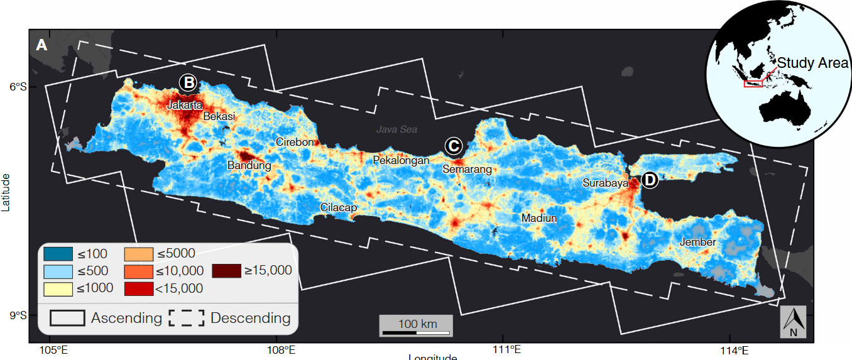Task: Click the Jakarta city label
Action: [185, 106]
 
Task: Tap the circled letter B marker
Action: [188, 82]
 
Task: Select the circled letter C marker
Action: [453, 146]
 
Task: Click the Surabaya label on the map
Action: [605, 183]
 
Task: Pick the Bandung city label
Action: [249, 166]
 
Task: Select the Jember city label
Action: [697, 243]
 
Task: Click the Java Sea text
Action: [396, 129]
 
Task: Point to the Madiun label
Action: [539, 218]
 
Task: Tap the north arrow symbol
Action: [794, 322]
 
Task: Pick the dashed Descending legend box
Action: [186, 318]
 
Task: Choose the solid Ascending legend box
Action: [67, 318]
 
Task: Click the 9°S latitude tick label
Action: [16, 315]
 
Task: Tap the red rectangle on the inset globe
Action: [753, 84]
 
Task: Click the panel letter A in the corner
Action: [42, 45]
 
